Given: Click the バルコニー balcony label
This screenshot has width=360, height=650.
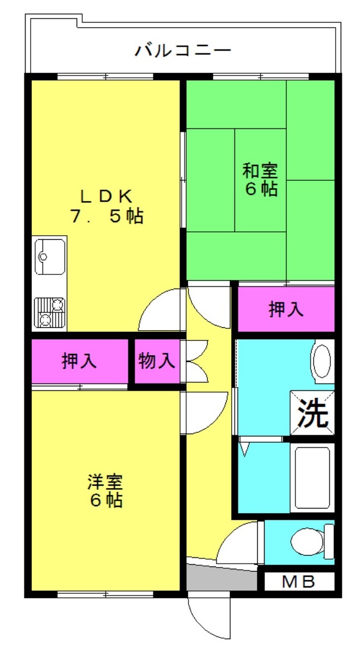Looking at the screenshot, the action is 182,51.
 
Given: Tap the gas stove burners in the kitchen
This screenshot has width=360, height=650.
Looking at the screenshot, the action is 49,312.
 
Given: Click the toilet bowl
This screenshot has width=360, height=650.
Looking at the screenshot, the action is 312,541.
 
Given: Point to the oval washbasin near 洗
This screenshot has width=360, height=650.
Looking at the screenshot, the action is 322,359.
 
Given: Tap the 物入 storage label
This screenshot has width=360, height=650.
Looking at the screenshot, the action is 156,361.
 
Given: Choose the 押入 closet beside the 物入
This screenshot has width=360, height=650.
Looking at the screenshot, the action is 79,361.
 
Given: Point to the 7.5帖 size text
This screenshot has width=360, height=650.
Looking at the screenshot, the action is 106,216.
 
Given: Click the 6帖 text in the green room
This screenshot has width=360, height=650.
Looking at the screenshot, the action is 261,189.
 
